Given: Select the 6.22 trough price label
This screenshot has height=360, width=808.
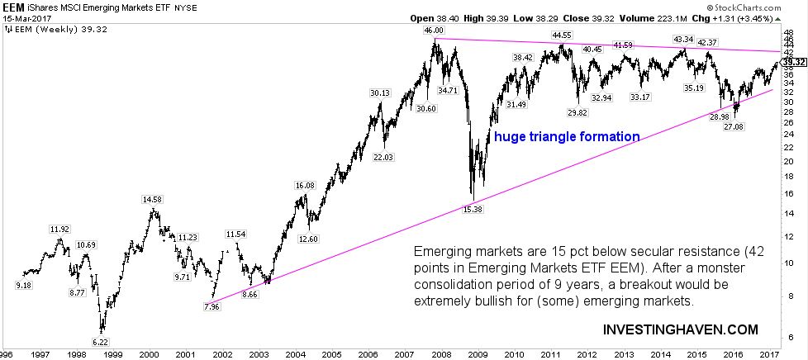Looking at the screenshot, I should point(100,341).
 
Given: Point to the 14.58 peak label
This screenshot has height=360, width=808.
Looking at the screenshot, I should point(152,199).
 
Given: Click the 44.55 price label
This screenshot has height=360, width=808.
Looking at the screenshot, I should point(562,36).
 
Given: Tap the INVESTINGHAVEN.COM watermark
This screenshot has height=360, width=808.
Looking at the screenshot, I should point(680,329).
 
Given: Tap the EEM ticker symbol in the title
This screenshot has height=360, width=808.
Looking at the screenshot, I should point(12,6).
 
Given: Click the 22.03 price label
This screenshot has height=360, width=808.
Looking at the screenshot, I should point(385,156).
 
